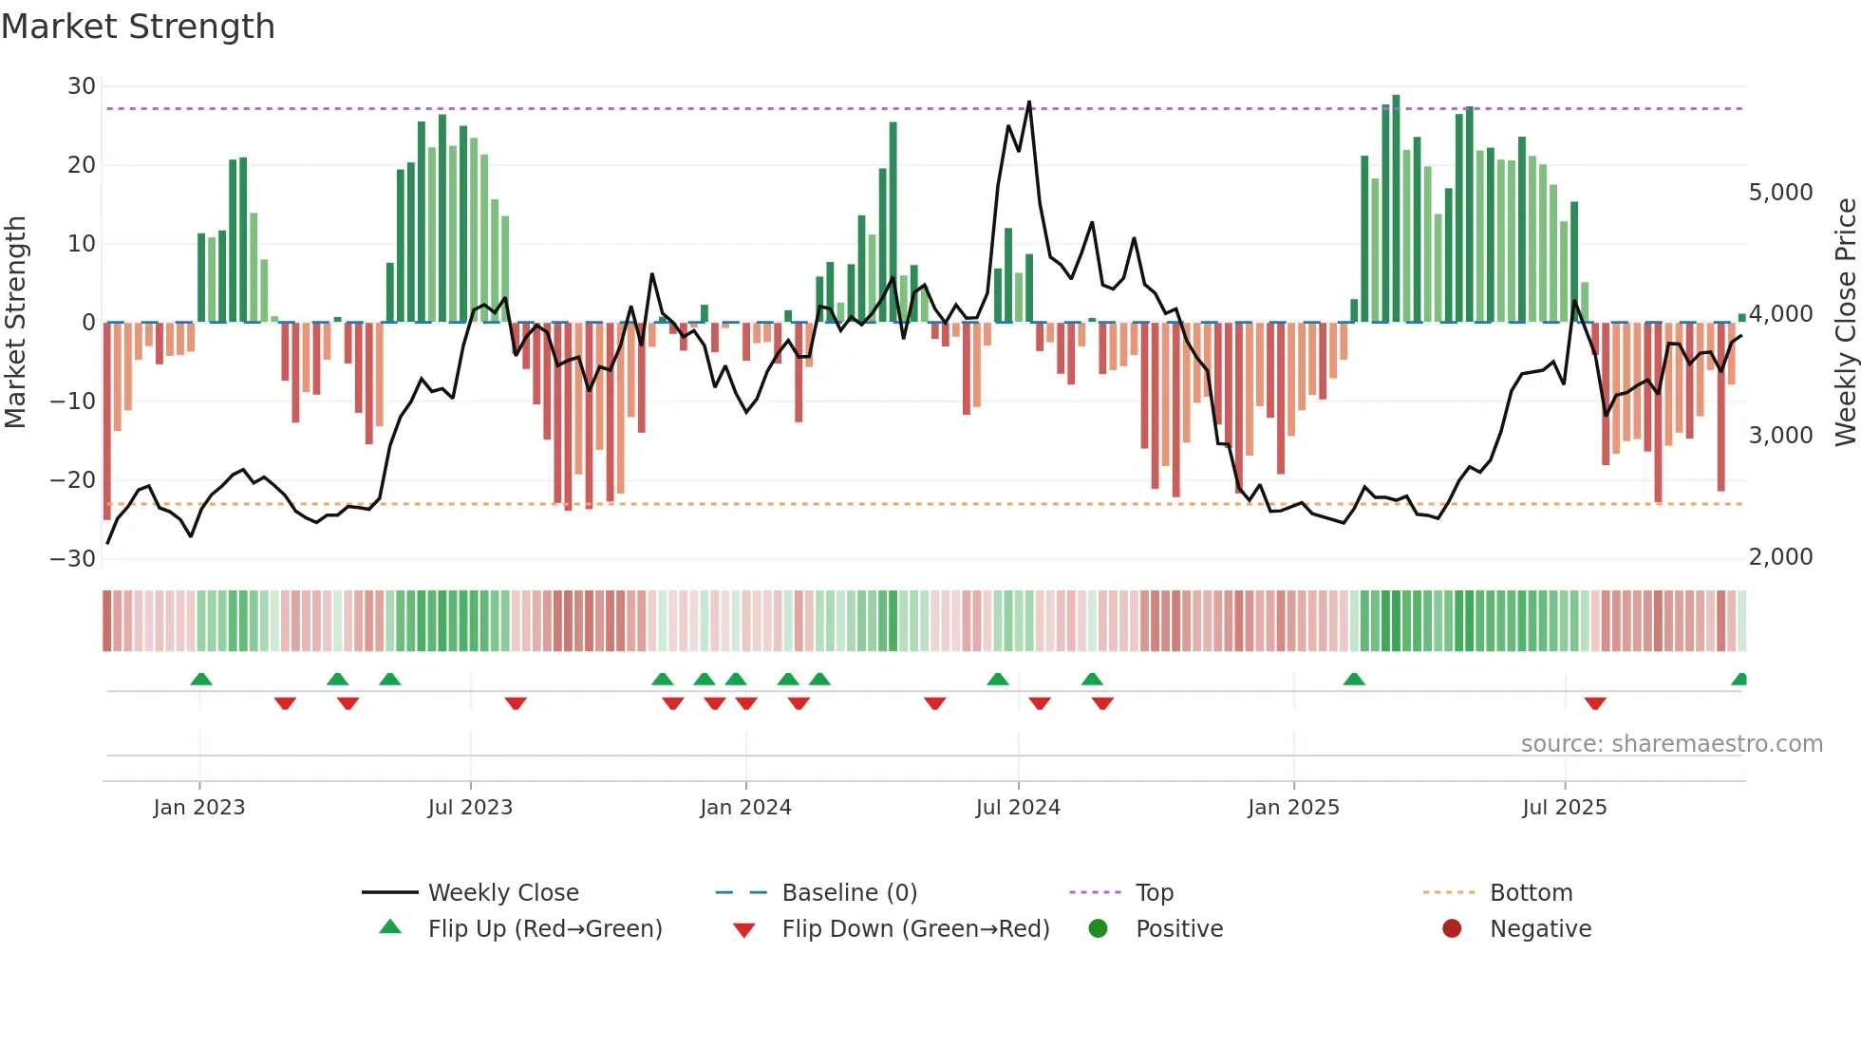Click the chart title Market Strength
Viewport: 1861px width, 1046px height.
click(138, 27)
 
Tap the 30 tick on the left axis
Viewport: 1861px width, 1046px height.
click(82, 86)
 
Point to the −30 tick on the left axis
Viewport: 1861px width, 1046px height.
click(74, 559)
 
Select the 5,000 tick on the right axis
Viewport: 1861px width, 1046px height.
click(1780, 193)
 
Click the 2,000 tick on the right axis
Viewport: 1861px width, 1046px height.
click(1780, 557)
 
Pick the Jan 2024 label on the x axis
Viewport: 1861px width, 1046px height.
click(745, 808)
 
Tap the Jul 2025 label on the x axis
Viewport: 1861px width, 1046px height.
click(1564, 808)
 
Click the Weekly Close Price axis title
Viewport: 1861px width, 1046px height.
click(1845, 322)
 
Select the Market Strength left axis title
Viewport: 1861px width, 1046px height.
click(16, 322)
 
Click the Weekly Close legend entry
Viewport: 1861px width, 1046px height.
click(502, 893)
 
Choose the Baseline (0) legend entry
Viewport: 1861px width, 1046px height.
click(849, 893)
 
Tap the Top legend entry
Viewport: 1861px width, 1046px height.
click(1154, 893)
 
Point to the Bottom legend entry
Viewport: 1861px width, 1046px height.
click(1531, 893)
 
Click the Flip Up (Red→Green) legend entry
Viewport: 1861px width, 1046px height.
click(544, 929)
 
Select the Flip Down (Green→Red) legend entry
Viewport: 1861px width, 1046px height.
click(915, 929)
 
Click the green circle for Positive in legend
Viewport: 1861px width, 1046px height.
click(1098, 928)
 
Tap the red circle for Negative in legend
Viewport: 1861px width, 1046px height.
click(1452, 928)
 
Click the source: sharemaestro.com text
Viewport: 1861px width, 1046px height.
click(1671, 744)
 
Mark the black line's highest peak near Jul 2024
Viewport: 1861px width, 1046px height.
click(1029, 103)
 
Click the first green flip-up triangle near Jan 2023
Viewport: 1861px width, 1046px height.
click(201, 679)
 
